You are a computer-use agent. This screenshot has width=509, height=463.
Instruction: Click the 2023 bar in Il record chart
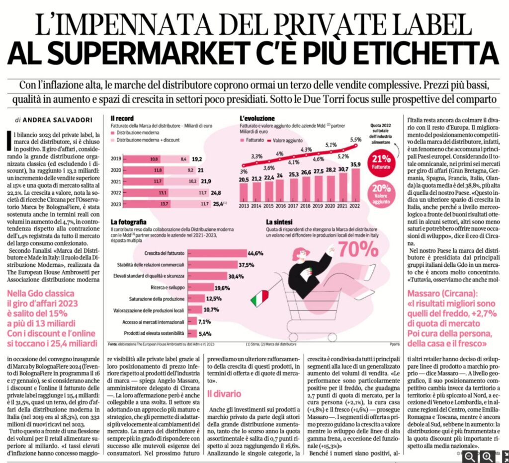click(x=164, y=203)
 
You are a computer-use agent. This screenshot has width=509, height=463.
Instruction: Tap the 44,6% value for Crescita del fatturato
click(x=255, y=253)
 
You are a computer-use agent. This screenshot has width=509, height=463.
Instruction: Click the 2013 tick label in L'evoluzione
click(x=244, y=205)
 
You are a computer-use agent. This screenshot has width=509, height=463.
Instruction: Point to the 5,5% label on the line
click(x=356, y=139)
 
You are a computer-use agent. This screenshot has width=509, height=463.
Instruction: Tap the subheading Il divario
click(x=224, y=394)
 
